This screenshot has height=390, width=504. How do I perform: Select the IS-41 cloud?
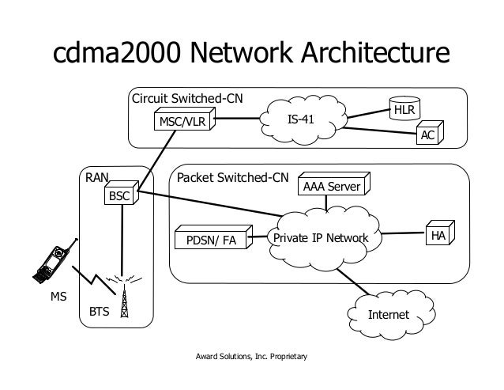pyautogui.click(x=305, y=119)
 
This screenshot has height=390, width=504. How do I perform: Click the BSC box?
pyautogui.click(x=120, y=195)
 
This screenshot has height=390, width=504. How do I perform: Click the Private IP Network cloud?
pyautogui.click(x=321, y=237)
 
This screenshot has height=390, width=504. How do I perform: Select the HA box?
pyautogui.click(x=437, y=236)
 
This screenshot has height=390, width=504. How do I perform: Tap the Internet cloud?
pyautogui.click(x=388, y=313)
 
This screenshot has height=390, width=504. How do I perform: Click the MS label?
pyautogui.click(x=59, y=298)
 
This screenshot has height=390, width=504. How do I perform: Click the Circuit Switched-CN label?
pyautogui.click(x=186, y=99)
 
